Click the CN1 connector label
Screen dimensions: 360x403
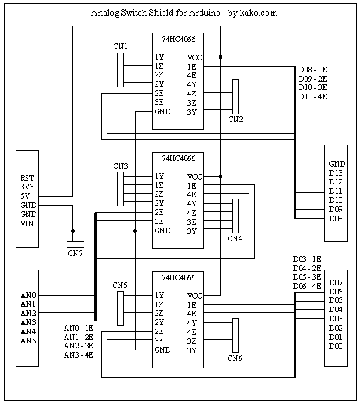120,46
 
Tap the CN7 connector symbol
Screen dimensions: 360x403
75,244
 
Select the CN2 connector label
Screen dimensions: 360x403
236,119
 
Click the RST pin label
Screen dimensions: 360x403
27,178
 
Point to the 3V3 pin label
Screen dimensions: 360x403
27,187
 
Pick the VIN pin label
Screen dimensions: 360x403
27,223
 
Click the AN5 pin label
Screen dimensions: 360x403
28,341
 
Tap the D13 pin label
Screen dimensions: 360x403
336,173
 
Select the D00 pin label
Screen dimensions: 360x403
336,346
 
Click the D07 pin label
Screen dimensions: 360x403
336,282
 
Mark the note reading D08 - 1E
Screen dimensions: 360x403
312,70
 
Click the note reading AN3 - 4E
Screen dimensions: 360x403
78,355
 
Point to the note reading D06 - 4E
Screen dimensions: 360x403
307,286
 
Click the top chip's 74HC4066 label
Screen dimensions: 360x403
178,39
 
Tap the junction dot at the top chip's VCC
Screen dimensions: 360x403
220,57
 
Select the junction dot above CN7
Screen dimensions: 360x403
72,231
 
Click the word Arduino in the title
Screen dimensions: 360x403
204,13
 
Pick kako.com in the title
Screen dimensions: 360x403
258,13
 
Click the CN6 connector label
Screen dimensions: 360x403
235,358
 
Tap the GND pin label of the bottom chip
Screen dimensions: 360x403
163,350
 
